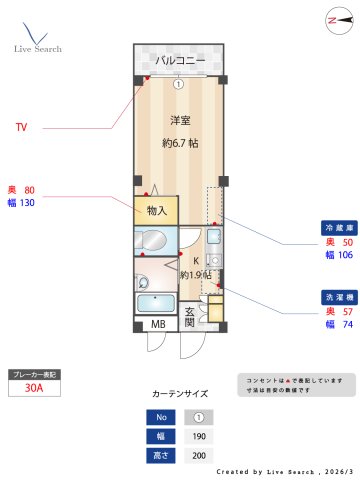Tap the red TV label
[x=21, y=128]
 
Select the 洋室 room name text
[x=180, y=121]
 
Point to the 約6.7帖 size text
[x=180, y=143]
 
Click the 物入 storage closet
[x=157, y=210]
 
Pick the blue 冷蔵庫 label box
[x=332, y=227]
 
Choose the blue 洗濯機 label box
[x=332, y=297]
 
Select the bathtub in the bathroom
[x=155, y=304]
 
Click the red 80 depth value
[x=29, y=189]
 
